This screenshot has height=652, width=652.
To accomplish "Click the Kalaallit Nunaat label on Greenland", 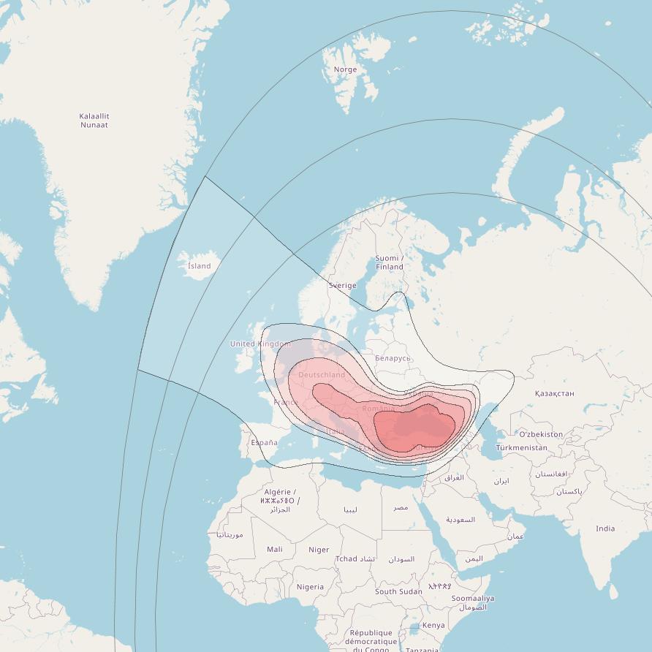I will tap(94, 121).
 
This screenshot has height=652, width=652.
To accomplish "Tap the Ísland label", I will tap(199, 266).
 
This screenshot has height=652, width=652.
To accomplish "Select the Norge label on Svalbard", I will tap(345, 69).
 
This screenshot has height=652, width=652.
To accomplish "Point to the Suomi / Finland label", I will tap(389, 262).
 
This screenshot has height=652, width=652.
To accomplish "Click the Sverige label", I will tap(342, 286).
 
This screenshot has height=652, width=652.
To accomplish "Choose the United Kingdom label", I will tap(260, 344).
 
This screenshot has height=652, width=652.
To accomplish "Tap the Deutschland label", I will tap(322, 375).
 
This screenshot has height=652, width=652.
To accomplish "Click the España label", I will tap(264, 442).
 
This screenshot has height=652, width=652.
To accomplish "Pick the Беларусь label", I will tap(393, 358).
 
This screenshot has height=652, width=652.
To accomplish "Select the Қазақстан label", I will tap(554, 393).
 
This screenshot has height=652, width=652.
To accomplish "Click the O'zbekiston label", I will tap(541, 434).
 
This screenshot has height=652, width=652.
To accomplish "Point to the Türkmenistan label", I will tap(521, 447).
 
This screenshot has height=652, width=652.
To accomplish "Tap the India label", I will tap(605, 528).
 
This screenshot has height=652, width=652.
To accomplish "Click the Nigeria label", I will tap(310, 587).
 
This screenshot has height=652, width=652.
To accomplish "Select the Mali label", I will tap(275, 549).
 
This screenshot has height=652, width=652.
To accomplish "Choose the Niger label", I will tap(319, 550).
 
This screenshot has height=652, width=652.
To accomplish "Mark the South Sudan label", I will tap(398, 591).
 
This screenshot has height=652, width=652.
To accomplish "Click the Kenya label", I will tap(433, 625).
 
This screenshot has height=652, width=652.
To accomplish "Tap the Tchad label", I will tap(346, 559).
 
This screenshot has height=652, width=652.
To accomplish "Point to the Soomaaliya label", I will tap(472, 599).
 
